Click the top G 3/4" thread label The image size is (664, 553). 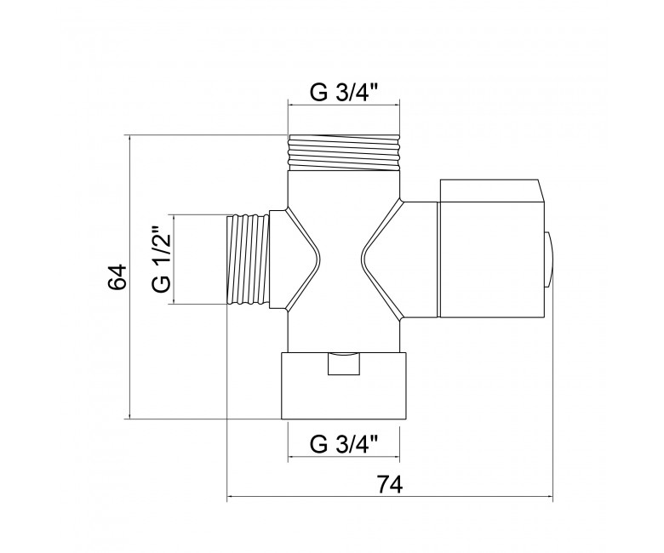pyautogui.click(x=344, y=93)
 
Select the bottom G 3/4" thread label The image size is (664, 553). pyautogui.click(x=344, y=444)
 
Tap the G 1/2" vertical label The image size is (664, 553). pyautogui.click(x=161, y=259)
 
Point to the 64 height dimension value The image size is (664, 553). pyautogui.click(x=117, y=276)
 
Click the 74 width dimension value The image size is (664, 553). pyautogui.click(x=390, y=484)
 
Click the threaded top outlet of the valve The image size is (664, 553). pyautogui.click(x=344, y=152)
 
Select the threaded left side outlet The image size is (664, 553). pyautogui.click(x=249, y=259)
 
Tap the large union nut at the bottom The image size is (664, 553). pyautogui.click(x=345, y=385)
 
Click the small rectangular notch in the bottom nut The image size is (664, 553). pyautogui.click(x=344, y=363)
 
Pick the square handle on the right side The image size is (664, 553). pyautogui.click(x=491, y=248)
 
